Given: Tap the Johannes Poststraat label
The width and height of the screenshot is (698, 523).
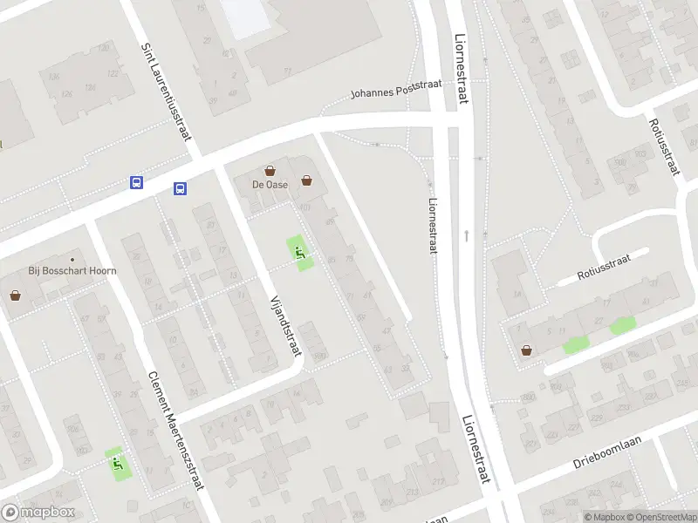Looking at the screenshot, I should pyautogui.click(x=397, y=92).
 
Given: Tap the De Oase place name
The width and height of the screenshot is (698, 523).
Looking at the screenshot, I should pyautogui.click(x=270, y=185).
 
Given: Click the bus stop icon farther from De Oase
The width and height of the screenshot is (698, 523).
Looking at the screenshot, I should pyautogui.click(x=137, y=182).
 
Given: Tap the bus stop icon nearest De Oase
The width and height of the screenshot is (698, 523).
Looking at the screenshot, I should pyautogui.click(x=180, y=187).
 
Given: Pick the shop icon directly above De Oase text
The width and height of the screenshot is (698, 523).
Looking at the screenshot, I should pyautogui.click(x=270, y=171).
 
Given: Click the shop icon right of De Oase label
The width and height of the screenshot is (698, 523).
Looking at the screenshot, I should pyautogui.click(x=307, y=181).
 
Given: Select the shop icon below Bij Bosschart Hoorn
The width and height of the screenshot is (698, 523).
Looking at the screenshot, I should pyautogui.click(x=16, y=295).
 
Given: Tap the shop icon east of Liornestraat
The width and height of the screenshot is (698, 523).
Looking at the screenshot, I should pyautogui.click(x=526, y=350).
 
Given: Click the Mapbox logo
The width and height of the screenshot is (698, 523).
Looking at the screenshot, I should pyautogui.click(x=38, y=513).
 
